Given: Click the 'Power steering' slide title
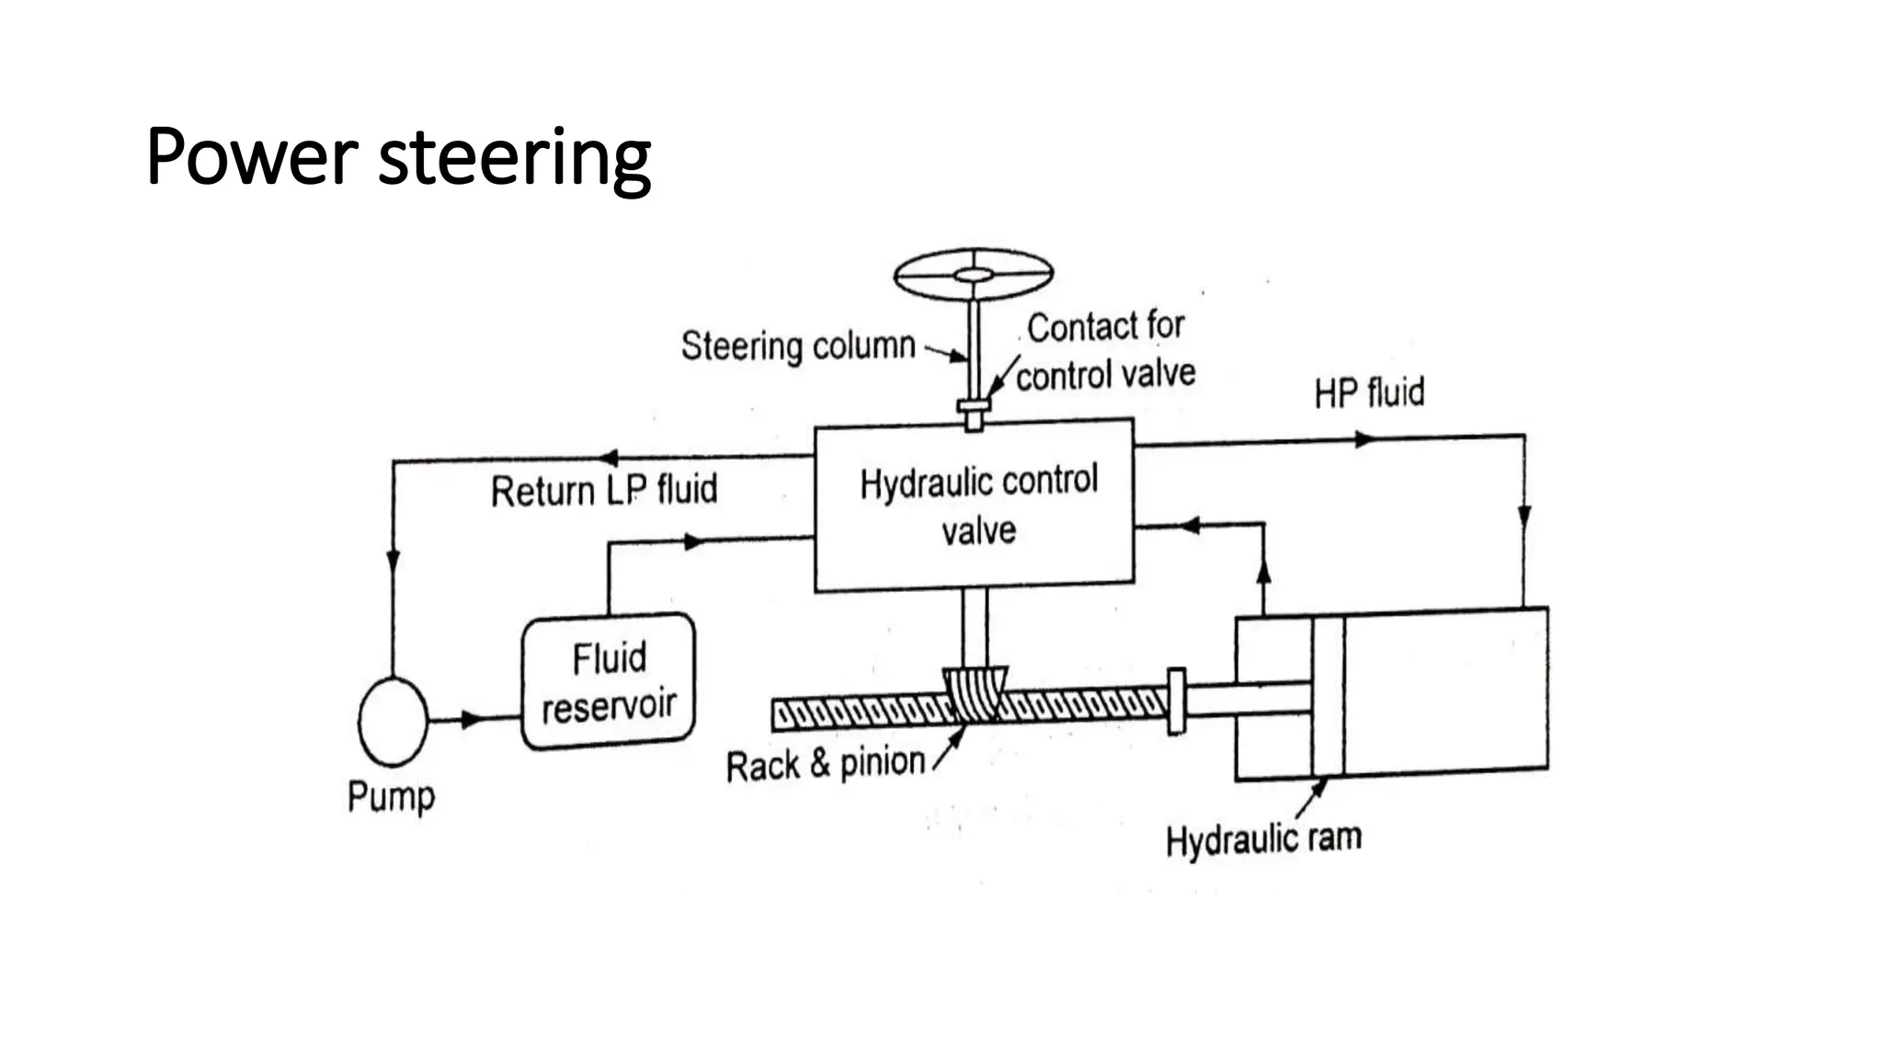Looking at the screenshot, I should click(398, 157).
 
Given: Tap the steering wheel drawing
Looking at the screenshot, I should click(973, 274).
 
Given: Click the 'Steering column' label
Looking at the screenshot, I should click(798, 347).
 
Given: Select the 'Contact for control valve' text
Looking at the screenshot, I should click(1105, 351).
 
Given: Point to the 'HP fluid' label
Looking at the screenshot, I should click(1368, 393).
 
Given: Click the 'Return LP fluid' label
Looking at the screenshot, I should click(603, 490).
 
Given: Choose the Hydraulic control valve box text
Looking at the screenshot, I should click(978, 505).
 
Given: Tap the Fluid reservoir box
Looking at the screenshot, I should click(608, 681).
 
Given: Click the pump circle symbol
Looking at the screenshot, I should click(393, 722).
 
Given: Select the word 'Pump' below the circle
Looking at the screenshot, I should click(391, 796).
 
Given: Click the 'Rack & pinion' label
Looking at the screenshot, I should click(825, 764).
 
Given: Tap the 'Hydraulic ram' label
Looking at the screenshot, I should click(1263, 839).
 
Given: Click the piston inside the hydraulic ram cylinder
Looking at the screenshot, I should click(1328, 696).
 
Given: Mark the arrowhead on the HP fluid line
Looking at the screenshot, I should click(1364, 440).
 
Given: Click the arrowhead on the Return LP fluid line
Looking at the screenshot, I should click(608, 457).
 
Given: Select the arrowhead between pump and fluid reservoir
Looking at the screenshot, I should click(472, 719).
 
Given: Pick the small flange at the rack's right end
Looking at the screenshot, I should click(1176, 701).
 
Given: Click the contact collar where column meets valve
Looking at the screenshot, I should click(974, 405).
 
